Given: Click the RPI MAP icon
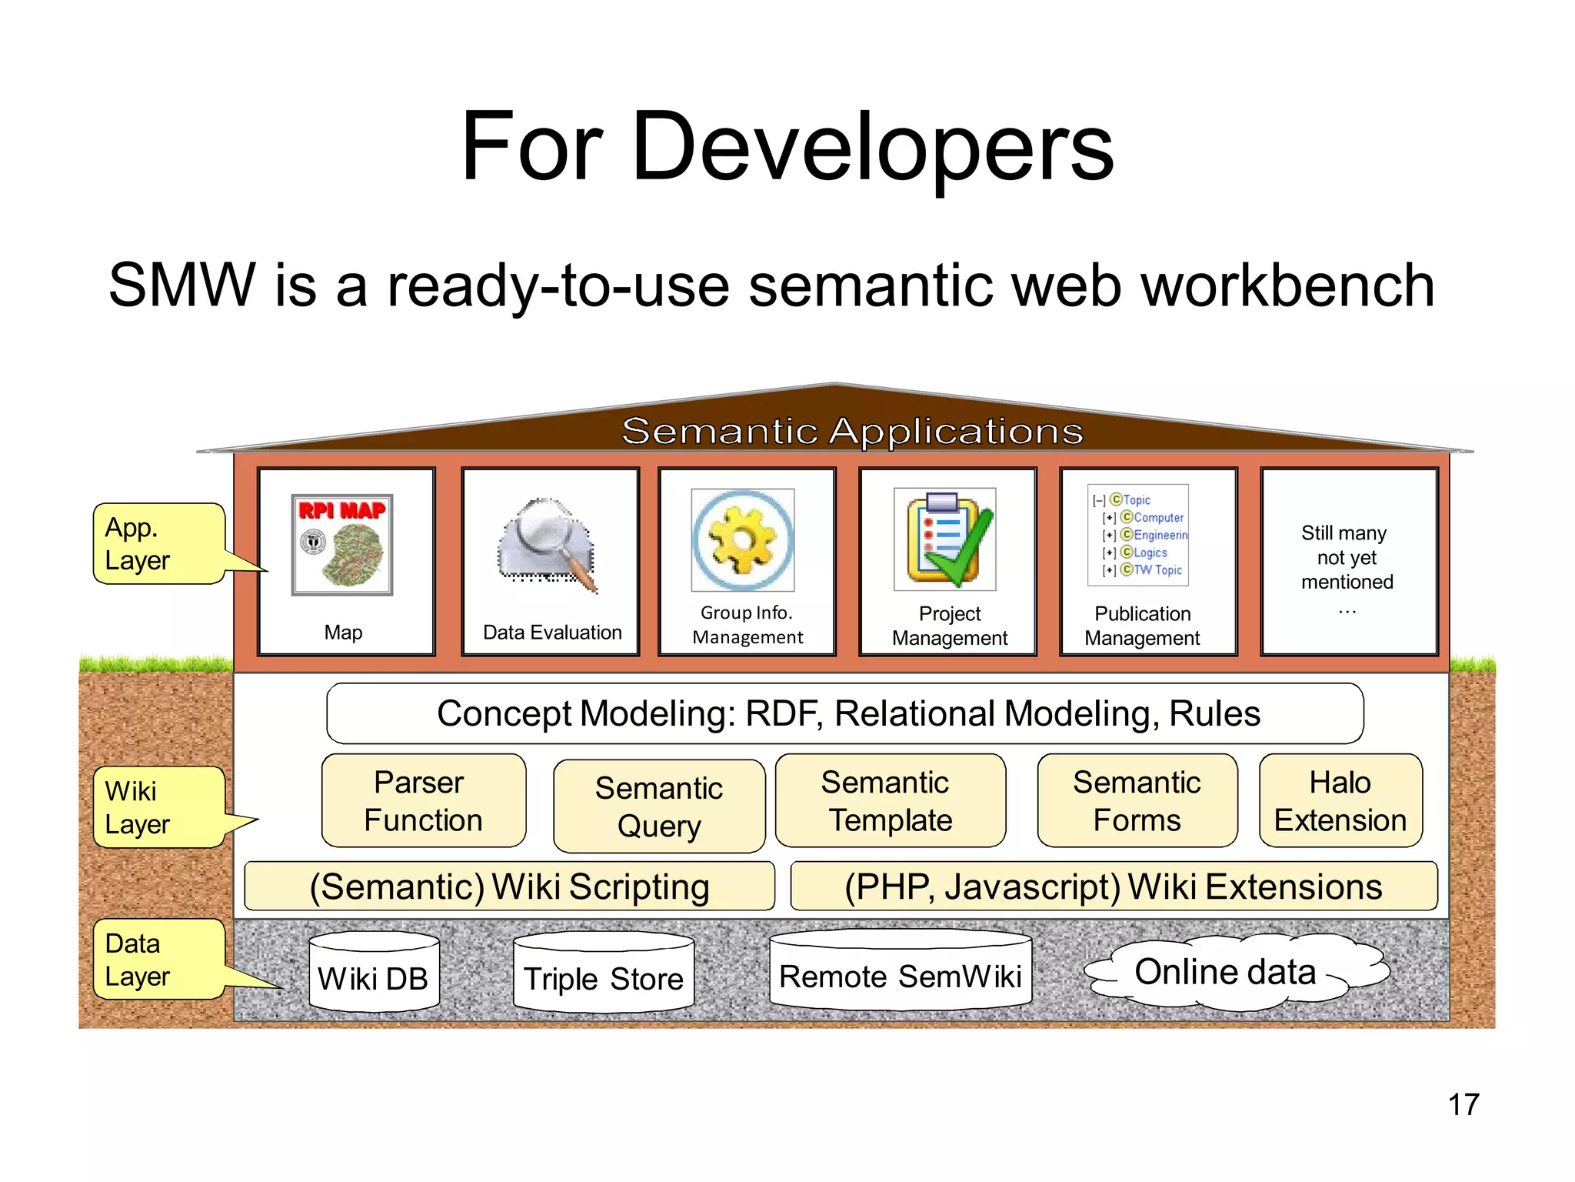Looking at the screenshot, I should (342, 544).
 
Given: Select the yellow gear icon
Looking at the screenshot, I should (743, 539).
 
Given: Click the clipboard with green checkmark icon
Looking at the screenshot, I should (945, 539).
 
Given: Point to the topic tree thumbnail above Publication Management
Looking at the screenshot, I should (1138, 535).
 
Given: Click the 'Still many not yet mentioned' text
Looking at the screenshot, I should (1347, 558).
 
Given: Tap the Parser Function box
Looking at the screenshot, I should (424, 801).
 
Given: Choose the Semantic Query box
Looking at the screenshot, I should (659, 806).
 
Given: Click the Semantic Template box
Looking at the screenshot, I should (890, 801).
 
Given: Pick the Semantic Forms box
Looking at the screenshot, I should (1137, 801).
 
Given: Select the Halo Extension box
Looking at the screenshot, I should (1340, 801).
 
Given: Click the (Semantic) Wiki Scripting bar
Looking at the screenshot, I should (509, 886).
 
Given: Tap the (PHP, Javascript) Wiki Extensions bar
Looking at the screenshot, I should (1113, 886).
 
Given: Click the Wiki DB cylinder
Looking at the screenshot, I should (374, 976).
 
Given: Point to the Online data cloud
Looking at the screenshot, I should (1230, 972).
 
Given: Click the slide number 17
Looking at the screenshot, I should (1463, 1104).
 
